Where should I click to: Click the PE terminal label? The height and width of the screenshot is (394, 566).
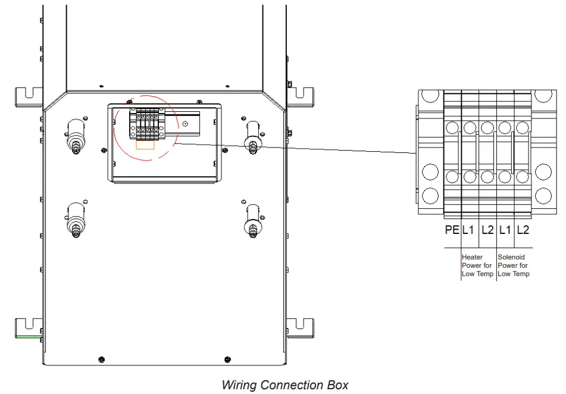(x=452, y=230)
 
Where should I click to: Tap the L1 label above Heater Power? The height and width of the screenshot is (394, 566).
(x=468, y=230)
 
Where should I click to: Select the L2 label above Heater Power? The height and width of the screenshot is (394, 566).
(x=487, y=230)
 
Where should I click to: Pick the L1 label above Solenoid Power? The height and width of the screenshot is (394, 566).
(x=505, y=230)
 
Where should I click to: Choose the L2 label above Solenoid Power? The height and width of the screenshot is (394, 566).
(x=523, y=230)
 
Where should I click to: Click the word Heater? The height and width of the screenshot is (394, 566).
(x=472, y=257)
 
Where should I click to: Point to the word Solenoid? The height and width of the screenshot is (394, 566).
(x=511, y=257)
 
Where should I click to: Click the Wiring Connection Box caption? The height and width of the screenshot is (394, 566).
(x=285, y=385)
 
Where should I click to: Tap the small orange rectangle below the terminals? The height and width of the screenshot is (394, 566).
(x=145, y=145)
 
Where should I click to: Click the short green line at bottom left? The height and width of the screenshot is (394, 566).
(x=29, y=337)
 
